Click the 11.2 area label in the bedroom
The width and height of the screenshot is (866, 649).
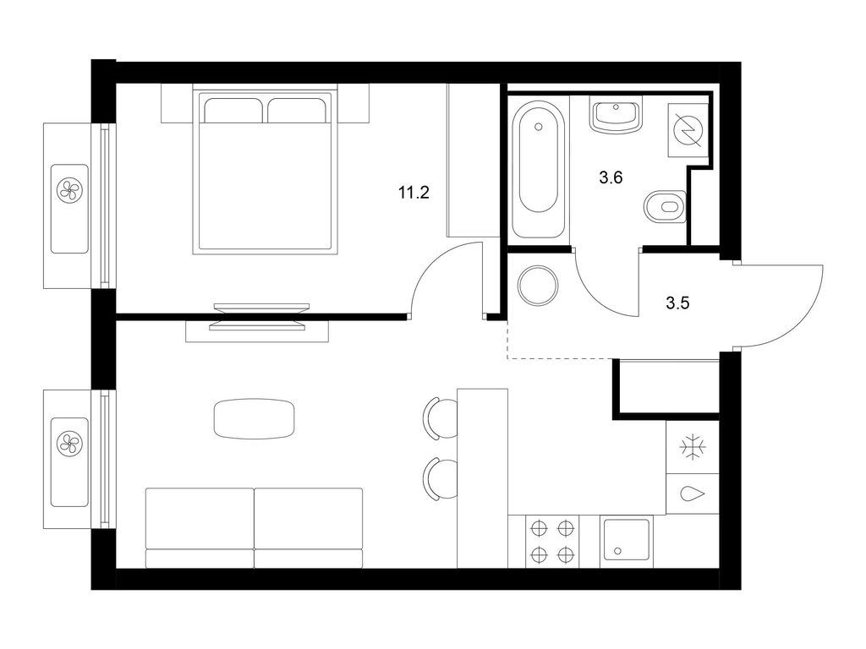[414, 193]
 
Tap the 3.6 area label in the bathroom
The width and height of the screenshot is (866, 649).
[611, 177]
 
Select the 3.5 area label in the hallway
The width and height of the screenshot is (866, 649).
[677, 303]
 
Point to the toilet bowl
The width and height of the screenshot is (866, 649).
[665, 207]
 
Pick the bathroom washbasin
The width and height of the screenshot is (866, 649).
[616, 114]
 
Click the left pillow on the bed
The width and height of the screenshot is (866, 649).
[233, 111]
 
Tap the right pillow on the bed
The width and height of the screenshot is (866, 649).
[296, 111]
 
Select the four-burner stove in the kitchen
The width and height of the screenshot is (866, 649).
[551, 541]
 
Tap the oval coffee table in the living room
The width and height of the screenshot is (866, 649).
[254, 419]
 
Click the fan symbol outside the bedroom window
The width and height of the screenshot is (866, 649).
[69, 189]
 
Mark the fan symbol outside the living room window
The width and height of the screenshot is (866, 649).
[69, 443]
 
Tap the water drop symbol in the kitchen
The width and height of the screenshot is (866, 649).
[691, 494]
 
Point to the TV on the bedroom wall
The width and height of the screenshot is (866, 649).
[258, 317]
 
